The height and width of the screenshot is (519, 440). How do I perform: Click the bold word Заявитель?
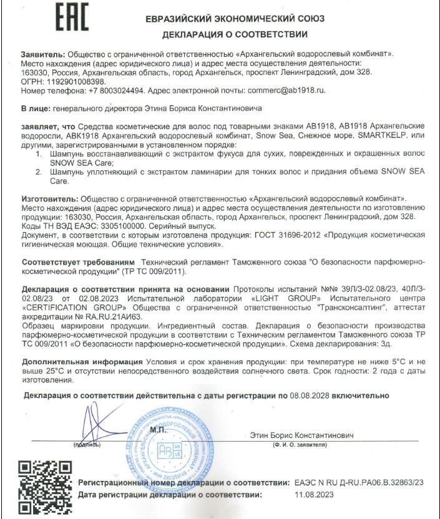[x=42, y=55]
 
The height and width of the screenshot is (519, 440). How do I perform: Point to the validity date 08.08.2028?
[x=308, y=395]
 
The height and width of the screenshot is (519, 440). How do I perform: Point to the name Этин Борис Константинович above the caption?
[x=301, y=435]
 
